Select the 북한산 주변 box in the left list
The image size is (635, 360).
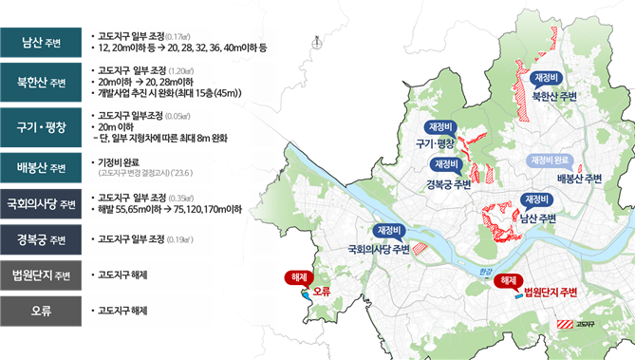38,82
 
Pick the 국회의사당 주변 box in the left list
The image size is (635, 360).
38,202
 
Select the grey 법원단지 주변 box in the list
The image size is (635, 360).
38,275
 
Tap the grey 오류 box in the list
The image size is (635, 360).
38,311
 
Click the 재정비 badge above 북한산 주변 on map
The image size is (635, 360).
549,78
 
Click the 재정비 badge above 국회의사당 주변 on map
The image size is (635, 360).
390,231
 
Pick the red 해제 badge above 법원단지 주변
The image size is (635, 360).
508,280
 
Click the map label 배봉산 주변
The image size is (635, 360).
579,178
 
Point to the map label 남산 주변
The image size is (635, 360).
537,218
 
